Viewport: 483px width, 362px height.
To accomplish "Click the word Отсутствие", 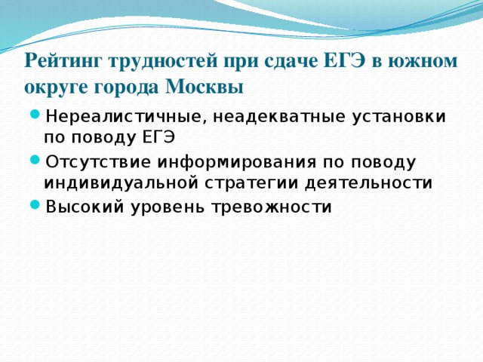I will click(x=96, y=162).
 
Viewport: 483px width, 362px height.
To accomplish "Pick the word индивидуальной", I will click(x=114, y=183).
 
